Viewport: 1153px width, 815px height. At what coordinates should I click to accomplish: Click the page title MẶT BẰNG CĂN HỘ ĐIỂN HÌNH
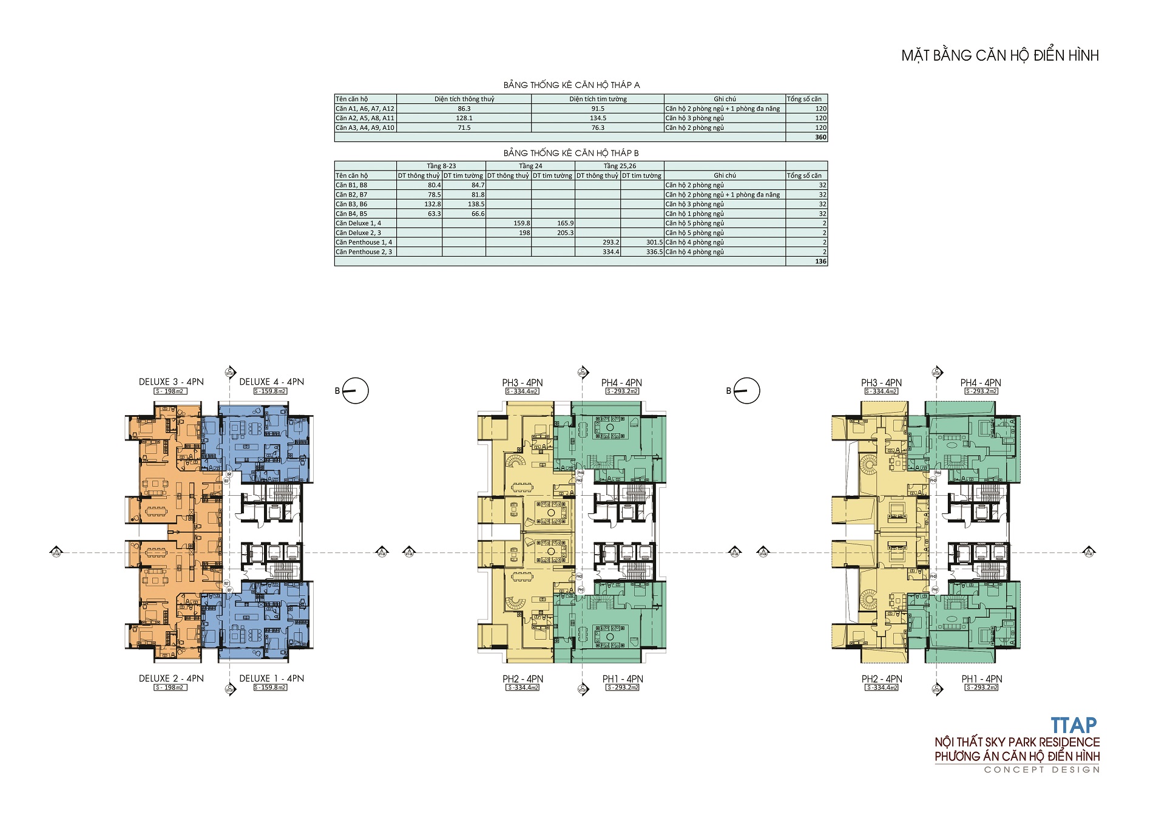click(999, 56)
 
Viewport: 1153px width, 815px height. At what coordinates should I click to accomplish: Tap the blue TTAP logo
click(1074, 725)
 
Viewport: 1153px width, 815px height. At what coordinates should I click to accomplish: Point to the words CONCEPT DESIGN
click(1041, 769)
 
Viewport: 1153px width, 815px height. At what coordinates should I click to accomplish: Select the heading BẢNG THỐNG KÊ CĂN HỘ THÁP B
click(571, 153)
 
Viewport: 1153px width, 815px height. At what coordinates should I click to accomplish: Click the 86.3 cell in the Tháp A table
click(464, 109)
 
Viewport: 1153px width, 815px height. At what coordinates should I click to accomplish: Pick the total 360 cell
click(820, 137)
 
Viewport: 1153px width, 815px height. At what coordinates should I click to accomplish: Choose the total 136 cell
click(820, 262)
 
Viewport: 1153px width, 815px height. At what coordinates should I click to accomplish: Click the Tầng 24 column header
click(530, 166)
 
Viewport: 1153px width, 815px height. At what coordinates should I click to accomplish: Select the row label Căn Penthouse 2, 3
click(364, 252)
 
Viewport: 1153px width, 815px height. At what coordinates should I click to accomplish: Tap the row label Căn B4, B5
click(351, 214)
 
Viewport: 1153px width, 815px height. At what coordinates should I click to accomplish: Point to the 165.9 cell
click(565, 223)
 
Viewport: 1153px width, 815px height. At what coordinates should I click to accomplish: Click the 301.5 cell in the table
click(654, 242)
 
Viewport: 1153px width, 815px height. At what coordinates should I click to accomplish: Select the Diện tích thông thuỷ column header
click(464, 99)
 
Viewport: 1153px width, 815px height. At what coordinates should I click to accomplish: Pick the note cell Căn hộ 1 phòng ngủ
click(695, 214)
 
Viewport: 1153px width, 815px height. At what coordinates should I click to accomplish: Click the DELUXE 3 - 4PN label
click(171, 382)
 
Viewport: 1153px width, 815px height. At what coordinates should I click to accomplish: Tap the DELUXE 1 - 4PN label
click(271, 678)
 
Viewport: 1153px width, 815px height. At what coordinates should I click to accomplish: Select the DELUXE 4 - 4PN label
click(271, 382)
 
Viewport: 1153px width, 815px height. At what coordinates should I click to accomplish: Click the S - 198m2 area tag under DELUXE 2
click(171, 688)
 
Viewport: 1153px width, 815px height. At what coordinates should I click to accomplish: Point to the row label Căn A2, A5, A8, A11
click(365, 118)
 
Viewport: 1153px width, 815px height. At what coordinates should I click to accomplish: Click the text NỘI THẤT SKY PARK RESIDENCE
click(1017, 742)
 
